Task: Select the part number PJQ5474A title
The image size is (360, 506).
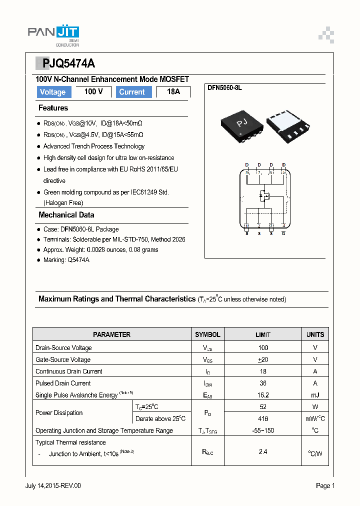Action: click(x=65, y=63)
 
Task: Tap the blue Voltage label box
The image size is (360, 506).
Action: click(x=53, y=92)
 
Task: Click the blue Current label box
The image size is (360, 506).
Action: click(x=132, y=92)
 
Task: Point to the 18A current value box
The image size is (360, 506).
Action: click(x=173, y=92)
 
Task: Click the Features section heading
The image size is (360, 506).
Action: click(x=53, y=108)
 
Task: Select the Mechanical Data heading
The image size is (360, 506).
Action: click(x=66, y=215)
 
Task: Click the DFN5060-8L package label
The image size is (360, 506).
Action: click(x=224, y=88)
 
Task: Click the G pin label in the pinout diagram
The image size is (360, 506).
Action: click(x=283, y=233)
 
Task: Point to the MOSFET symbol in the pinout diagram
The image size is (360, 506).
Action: click(x=264, y=196)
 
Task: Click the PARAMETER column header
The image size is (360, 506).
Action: click(x=111, y=334)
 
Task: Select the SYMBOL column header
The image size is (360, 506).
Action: click(x=207, y=334)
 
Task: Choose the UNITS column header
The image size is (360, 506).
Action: click(x=315, y=334)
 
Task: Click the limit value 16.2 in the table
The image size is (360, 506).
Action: click(x=263, y=395)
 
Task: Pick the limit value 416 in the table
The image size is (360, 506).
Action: click(x=263, y=418)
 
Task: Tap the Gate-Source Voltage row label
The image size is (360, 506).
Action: click(x=63, y=359)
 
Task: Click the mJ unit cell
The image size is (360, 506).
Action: click(x=315, y=395)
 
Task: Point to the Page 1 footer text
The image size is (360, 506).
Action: click(x=325, y=485)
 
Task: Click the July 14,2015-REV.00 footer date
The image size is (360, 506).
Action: click(x=52, y=485)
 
